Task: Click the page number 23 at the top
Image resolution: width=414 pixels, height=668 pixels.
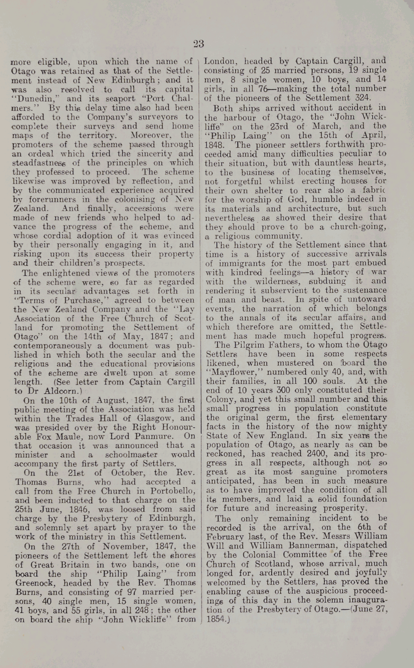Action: [x=198, y=44]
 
